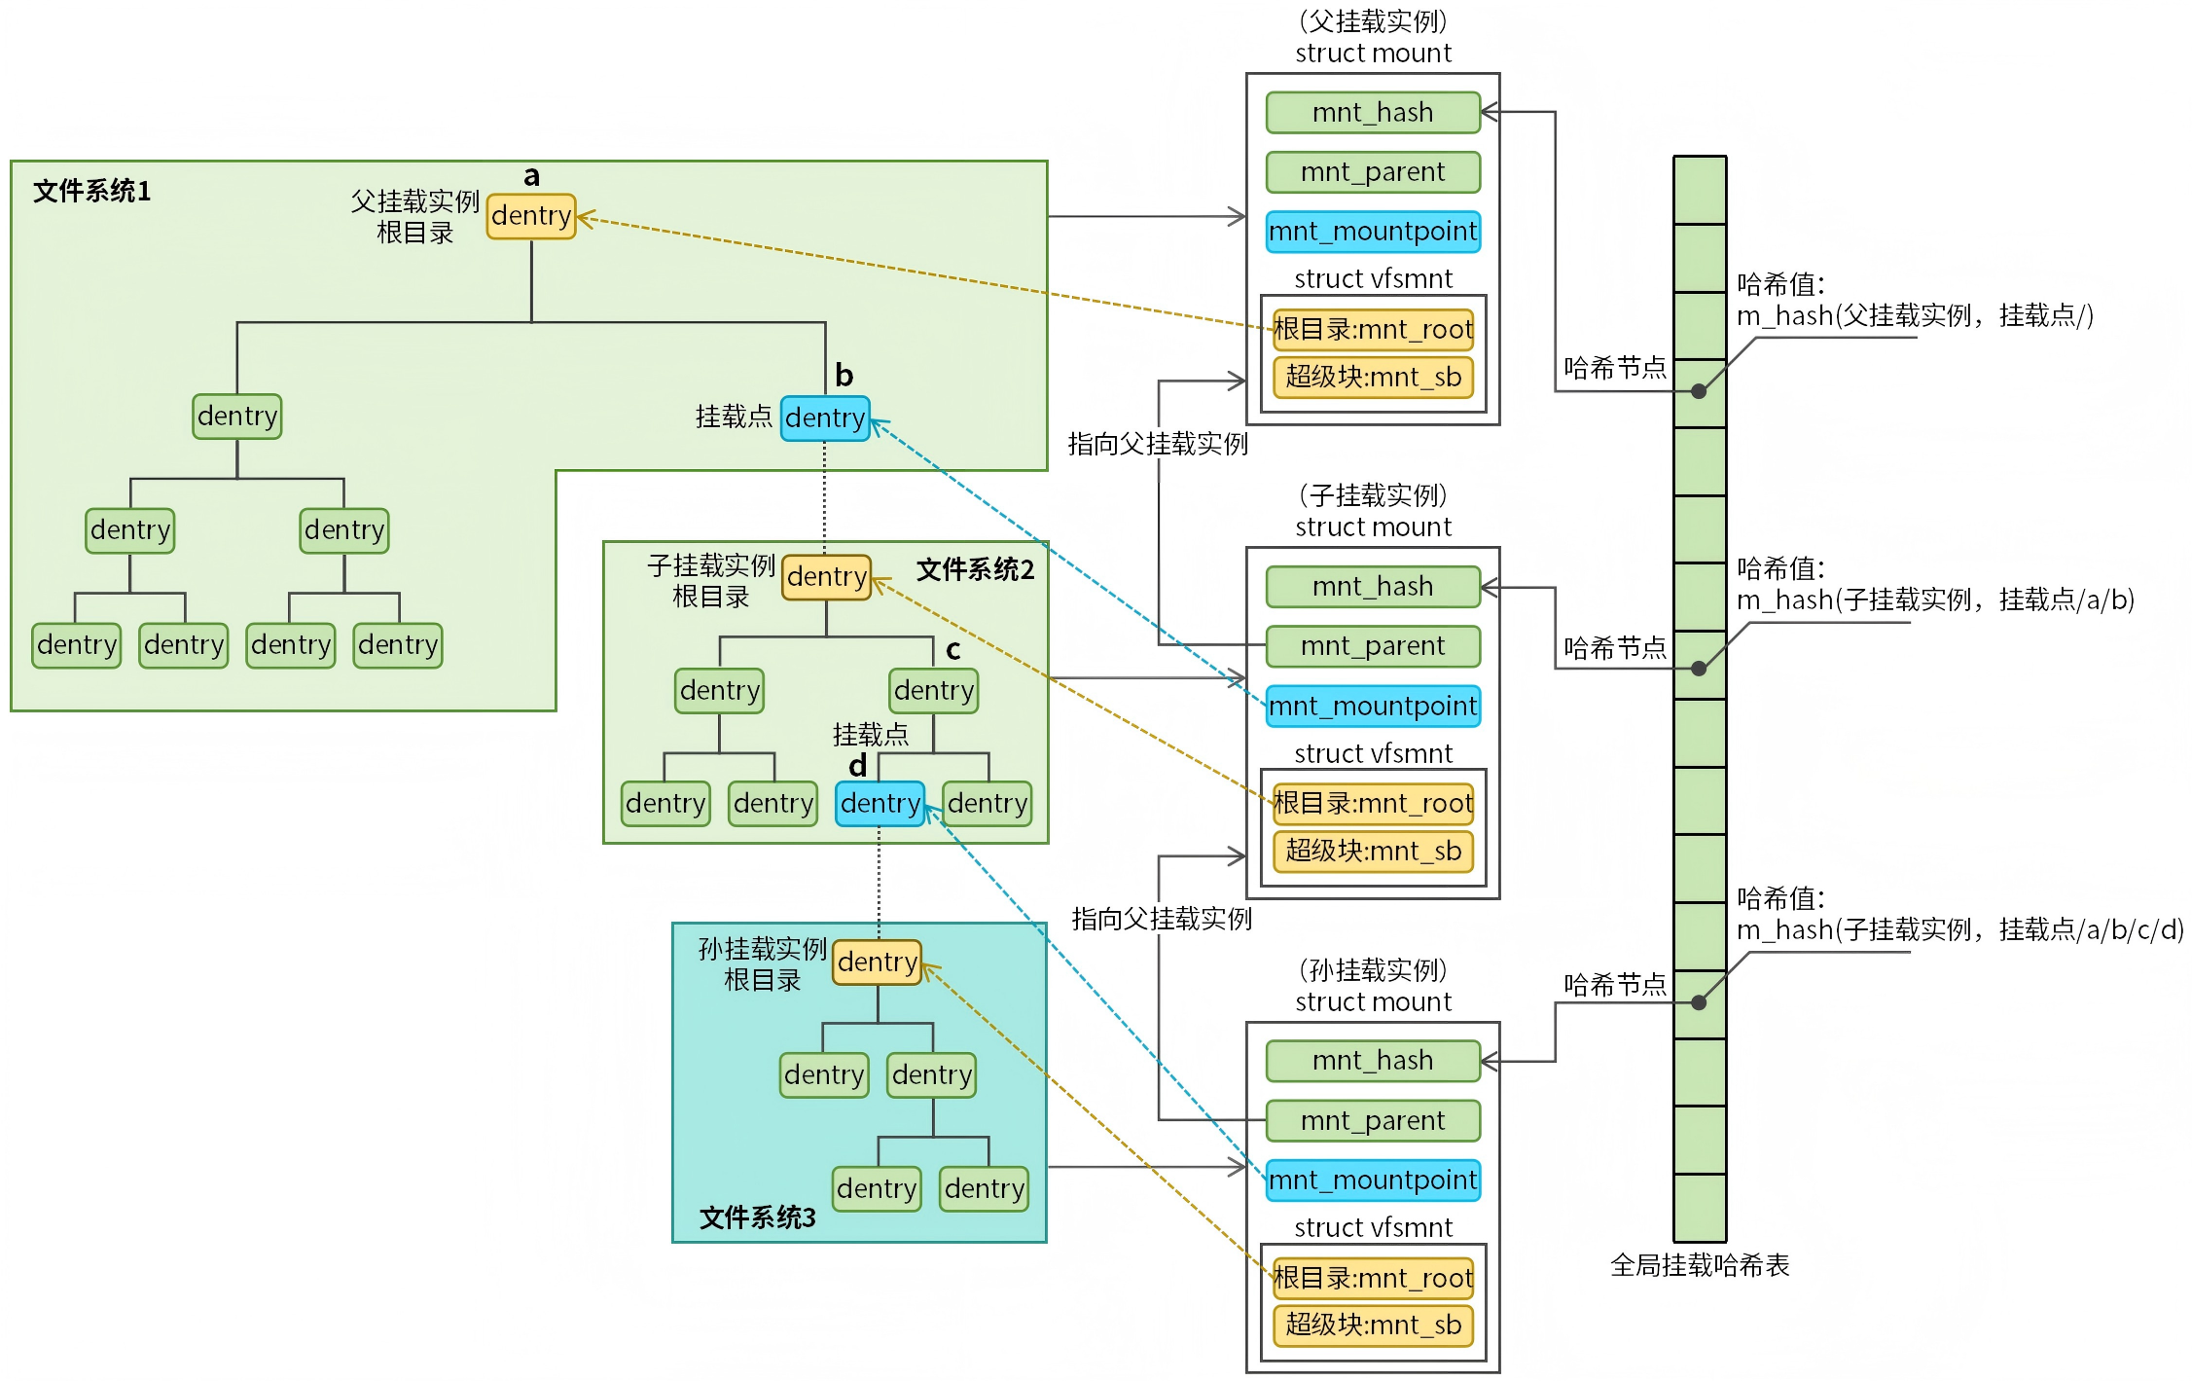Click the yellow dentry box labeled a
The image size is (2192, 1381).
[x=531, y=216]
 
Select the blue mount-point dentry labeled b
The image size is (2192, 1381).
[x=825, y=418]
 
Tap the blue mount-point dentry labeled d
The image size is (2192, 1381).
[x=880, y=804]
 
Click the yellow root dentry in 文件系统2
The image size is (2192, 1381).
[x=826, y=577]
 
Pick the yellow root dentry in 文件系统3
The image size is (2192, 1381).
[x=877, y=963]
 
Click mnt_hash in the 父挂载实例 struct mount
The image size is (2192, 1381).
[x=1373, y=113]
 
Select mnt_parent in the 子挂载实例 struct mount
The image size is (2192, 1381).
[x=1373, y=646]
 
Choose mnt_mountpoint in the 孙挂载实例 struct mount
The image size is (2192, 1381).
[x=1373, y=1181]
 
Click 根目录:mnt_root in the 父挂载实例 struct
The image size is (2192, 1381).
[x=1373, y=330]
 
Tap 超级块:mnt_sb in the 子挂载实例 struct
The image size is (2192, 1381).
[x=1373, y=852]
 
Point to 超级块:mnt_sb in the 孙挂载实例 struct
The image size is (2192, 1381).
[x=1373, y=1326]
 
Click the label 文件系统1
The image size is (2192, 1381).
[x=92, y=191]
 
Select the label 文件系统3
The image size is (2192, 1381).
[x=758, y=1217]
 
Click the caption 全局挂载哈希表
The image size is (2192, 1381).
[x=1700, y=1265]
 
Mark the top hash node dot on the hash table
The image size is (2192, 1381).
[x=1699, y=391]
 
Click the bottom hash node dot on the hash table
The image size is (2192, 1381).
[x=1699, y=1002]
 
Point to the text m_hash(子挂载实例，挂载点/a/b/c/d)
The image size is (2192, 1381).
[x=1959, y=930]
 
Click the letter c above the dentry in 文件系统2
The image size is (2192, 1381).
[x=953, y=649]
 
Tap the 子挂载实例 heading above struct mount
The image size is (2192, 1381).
[x=1373, y=496]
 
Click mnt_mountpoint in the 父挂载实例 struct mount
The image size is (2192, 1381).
[x=1373, y=232]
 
